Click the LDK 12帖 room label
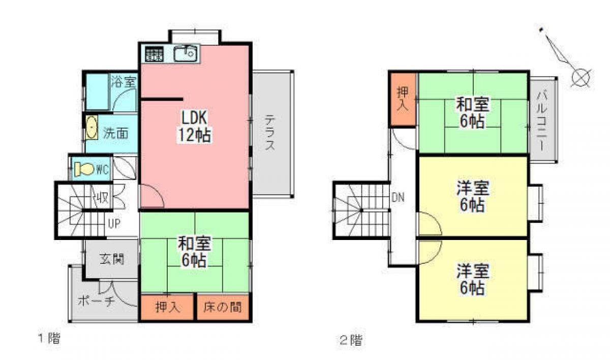tap(194, 127)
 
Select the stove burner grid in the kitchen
tap(154, 53)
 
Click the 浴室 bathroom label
tap(124, 81)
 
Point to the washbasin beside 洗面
tap(91, 128)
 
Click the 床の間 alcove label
tap(222, 307)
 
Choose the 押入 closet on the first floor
tap(167, 307)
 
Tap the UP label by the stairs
tap(113, 223)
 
